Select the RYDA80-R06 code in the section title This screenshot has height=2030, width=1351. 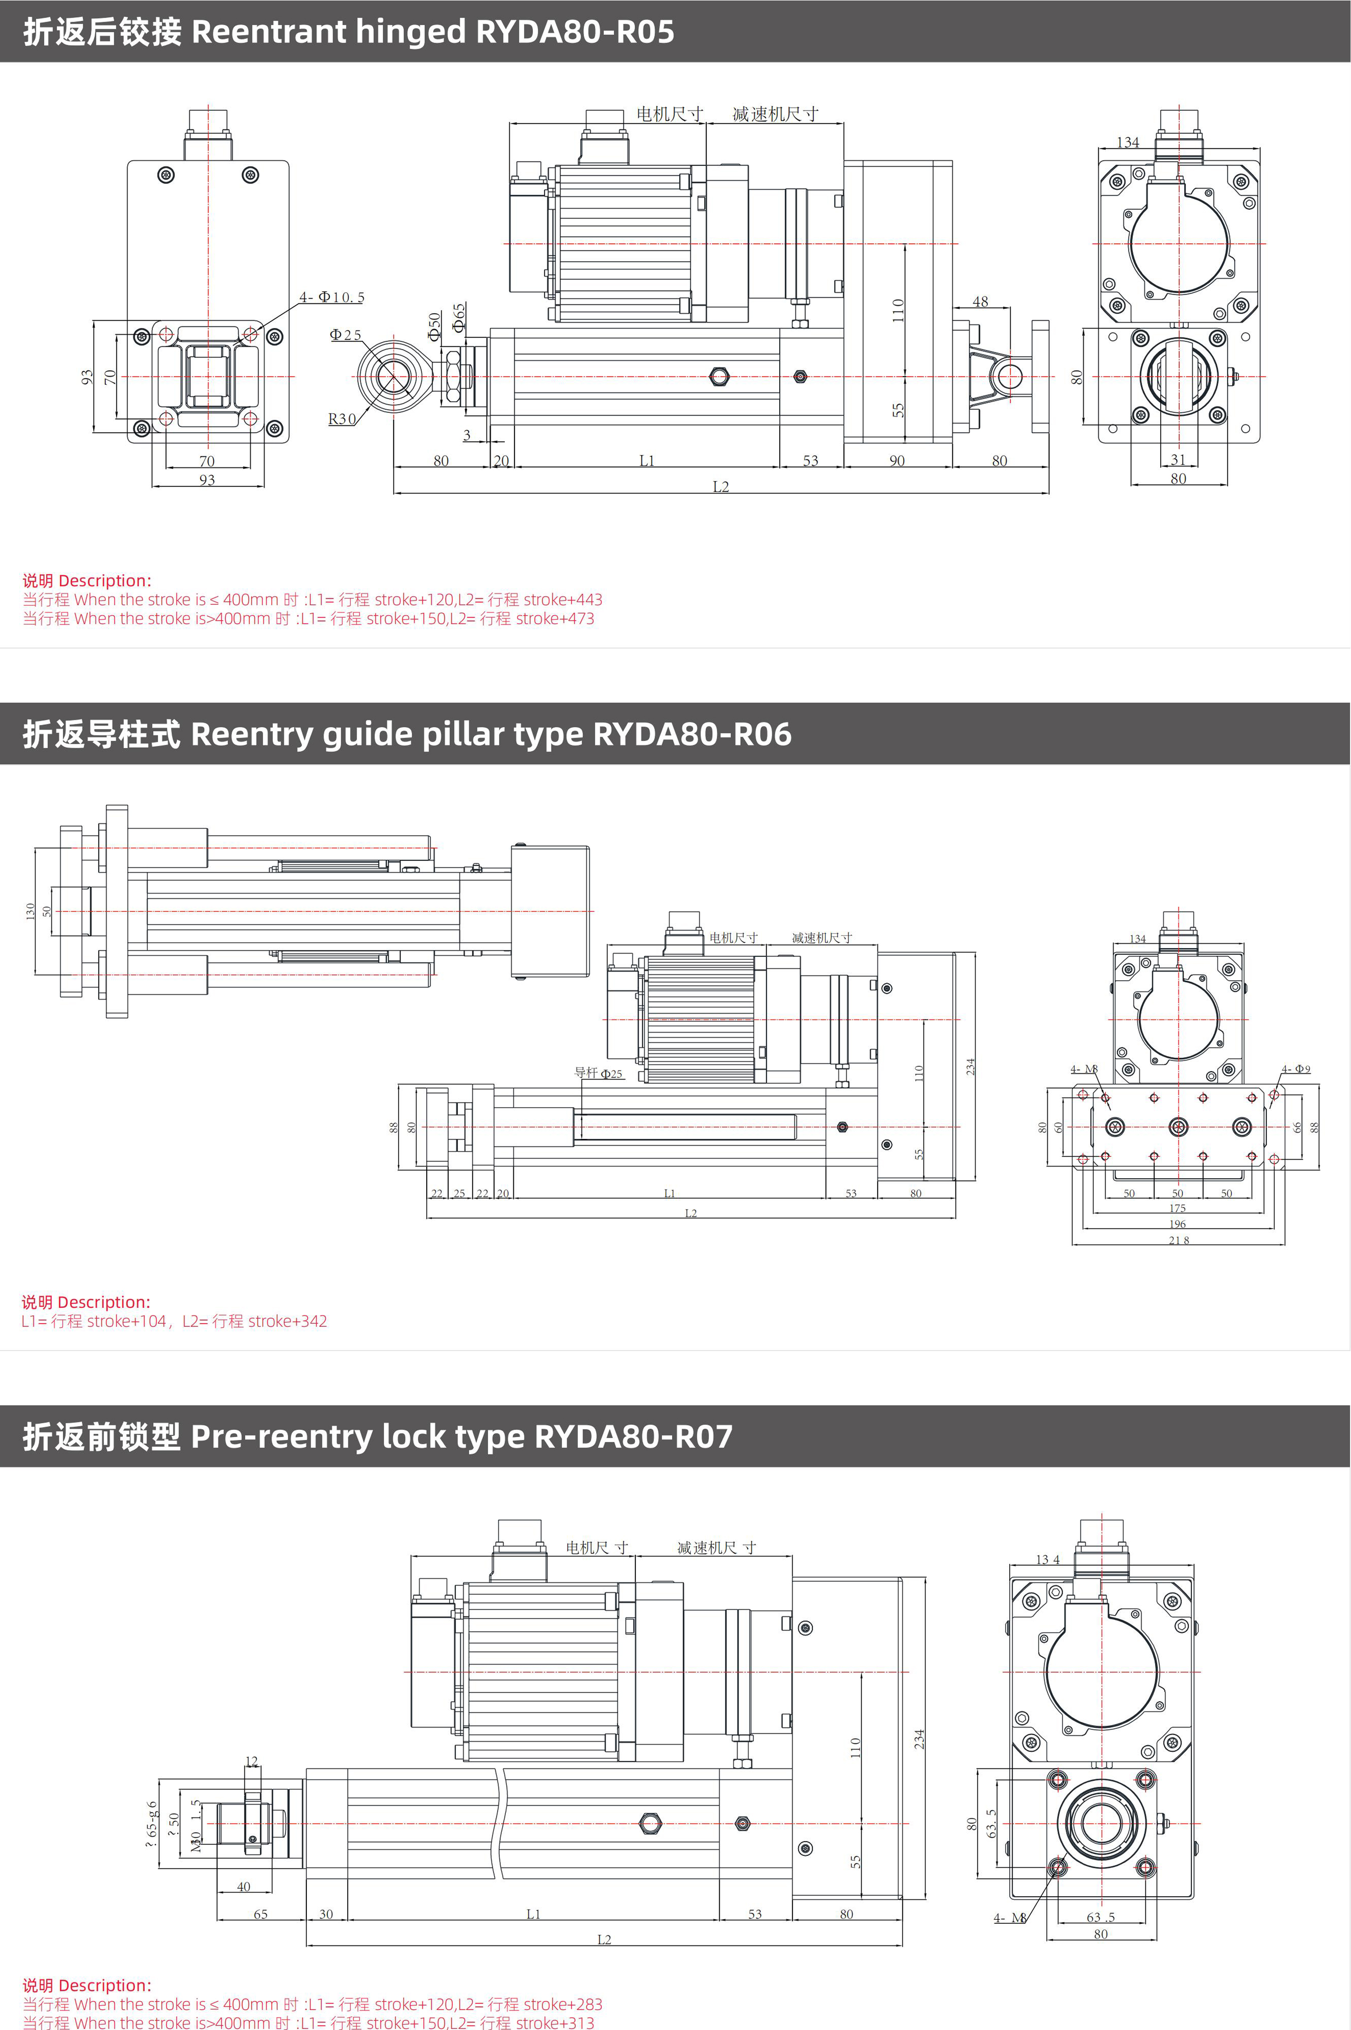pos(692,734)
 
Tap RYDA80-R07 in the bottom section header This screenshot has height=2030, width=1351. pos(633,1436)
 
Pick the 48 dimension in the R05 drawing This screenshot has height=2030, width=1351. pos(980,302)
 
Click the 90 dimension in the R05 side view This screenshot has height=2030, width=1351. pos(897,461)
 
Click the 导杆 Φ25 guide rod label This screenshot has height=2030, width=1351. pos(598,1073)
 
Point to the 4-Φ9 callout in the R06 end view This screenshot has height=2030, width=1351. pos(1296,1069)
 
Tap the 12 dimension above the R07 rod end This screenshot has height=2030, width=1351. pos(252,1761)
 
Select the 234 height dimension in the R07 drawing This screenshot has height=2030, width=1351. pos(919,1738)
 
